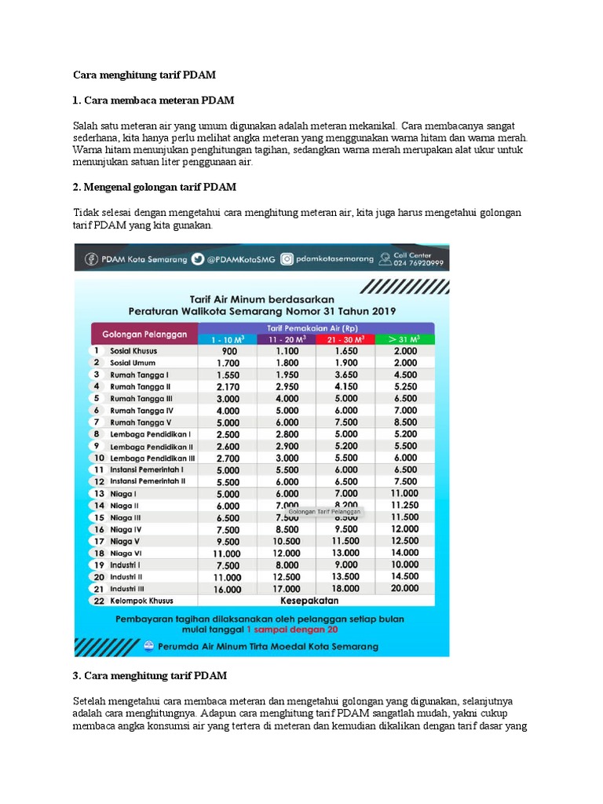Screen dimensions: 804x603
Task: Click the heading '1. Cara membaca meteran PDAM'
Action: [x=153, y=100]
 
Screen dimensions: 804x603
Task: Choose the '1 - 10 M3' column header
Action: [x=227, y=339]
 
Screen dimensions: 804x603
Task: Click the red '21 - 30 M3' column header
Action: [x=345, y=339]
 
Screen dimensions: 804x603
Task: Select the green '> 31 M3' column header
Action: [x=404, y=339]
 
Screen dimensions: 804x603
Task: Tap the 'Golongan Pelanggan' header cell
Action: [x=144, y=334]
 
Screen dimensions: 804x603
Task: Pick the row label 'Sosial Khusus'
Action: [x=136, y=351]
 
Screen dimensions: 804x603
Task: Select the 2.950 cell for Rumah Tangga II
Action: [x=287, y=386]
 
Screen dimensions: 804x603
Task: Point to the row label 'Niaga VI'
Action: [x=126, y=553]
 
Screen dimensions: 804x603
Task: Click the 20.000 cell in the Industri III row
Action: [x=404, y=588]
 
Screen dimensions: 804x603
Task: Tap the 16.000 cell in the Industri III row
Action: [x=227, y=588]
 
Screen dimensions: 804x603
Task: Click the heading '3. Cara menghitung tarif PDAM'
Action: [x=150, y=675]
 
